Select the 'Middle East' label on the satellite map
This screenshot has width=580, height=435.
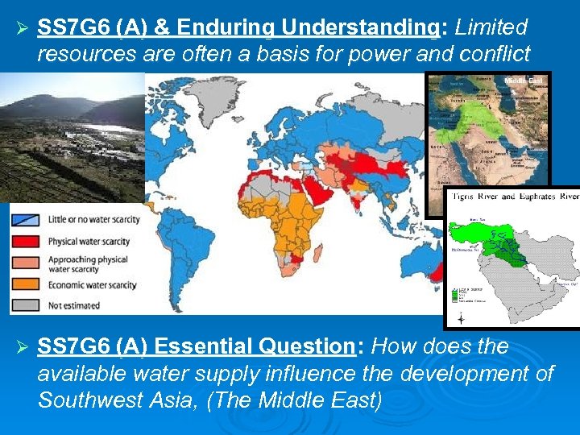(524, 81)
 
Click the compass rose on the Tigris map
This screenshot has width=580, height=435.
(460, 319)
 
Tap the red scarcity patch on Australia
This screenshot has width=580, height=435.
(438, 274)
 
